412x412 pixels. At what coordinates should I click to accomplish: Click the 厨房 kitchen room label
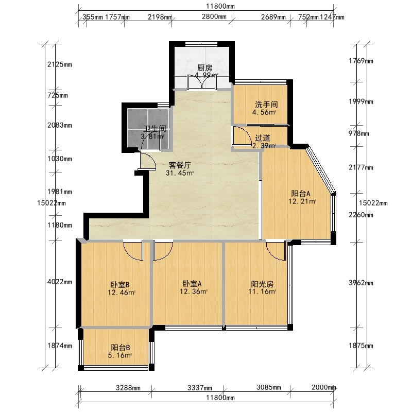tap(204, 68)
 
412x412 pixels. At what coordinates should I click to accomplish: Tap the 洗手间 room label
tap(266, 105)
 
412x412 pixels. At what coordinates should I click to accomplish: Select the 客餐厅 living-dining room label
tap(180, 165)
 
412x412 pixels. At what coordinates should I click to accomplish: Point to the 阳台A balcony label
tap(301, 194)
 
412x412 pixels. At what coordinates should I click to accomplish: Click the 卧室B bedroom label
tap(120, 285)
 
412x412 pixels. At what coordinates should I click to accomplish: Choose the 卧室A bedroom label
tap(192, 284)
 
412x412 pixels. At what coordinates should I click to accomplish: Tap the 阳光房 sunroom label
tap(262, 284)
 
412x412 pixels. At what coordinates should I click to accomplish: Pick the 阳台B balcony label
tap(121, 348)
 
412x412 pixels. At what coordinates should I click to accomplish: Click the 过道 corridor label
tap(263, 138)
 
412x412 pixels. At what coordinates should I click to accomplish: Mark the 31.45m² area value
tap(180, 173)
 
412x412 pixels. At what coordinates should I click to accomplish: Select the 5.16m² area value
tap(120, 355)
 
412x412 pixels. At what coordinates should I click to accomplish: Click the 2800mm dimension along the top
tap(214, 17)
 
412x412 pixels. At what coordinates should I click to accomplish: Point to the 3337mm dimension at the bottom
tap(200, 388)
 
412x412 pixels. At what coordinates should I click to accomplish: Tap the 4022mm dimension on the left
tap(60, 282)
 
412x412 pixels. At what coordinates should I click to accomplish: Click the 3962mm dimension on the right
tap(361, 283)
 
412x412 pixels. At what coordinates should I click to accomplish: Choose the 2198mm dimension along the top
tap(160, 17)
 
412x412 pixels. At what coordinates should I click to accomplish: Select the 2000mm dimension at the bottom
tap(324, 387)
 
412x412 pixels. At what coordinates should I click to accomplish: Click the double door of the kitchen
tap(202, 82)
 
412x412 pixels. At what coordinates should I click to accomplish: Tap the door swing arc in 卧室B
tap(133, 251)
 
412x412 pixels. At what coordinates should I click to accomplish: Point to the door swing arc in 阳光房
tap(276, 251)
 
